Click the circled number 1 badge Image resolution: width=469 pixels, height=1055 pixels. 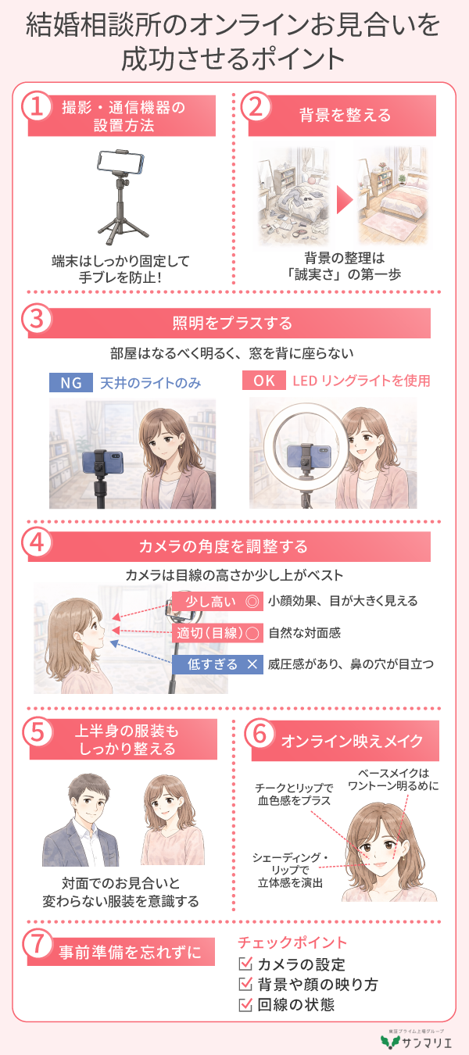coord(36,106)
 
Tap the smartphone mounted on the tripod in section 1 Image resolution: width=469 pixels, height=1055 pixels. coord(120,161)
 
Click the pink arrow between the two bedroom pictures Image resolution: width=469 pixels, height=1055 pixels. coord(344,200)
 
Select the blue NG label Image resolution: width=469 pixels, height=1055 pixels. coord(70,382)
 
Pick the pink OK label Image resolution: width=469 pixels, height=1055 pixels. coord(263,380)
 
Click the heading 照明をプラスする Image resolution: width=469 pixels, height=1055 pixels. coord(232,323)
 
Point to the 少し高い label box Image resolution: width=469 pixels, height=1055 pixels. coord(217,602)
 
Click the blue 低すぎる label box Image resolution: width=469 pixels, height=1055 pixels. coord(217,664)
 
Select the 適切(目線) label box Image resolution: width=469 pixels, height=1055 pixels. coord(217,633)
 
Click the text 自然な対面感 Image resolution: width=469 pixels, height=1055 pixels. coord(304,633)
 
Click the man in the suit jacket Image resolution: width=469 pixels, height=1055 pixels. coord(81,821)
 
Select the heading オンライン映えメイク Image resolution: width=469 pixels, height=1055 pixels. coord(353,742)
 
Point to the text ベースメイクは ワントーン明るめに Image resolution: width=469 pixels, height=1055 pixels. coord(393,779)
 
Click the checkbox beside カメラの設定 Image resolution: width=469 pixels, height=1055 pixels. coord(245,964)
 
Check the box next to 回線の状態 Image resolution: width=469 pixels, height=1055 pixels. coord(245,1005)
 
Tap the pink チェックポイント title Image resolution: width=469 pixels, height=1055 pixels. coord(292,942)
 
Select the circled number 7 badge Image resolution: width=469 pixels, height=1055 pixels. coord(38,943)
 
